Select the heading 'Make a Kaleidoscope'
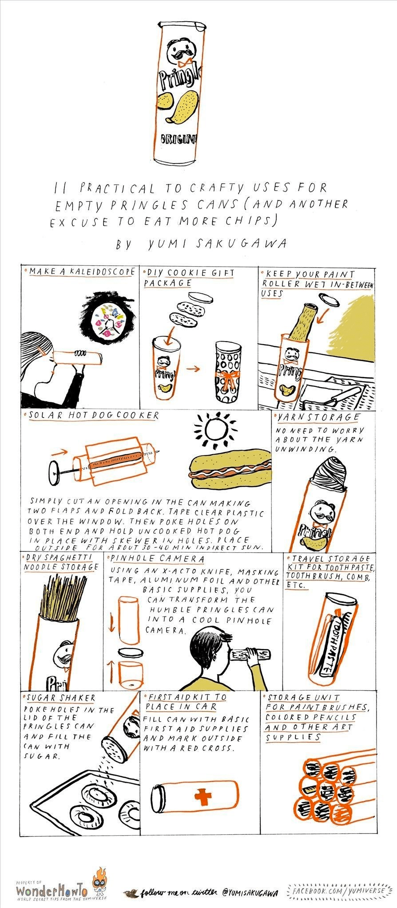click(x=82, y=271)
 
